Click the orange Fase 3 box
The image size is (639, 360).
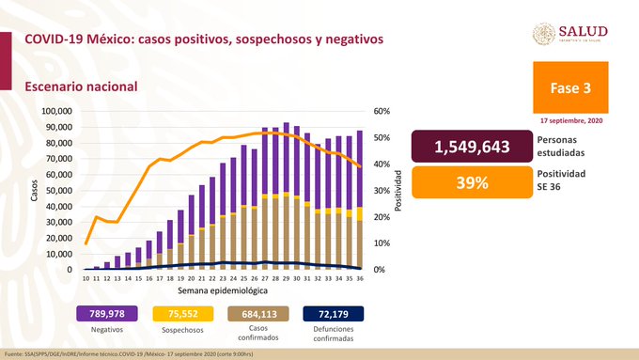[573, 87]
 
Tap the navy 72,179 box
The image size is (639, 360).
[334, 314]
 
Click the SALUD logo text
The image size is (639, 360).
[584, 31]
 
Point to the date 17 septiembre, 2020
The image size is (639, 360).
[573, 121]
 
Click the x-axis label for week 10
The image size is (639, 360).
[86, 279]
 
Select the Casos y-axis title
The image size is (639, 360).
[32, 191]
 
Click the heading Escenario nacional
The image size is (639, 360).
[81, 86]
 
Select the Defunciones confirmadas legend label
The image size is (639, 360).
[334, 337]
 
